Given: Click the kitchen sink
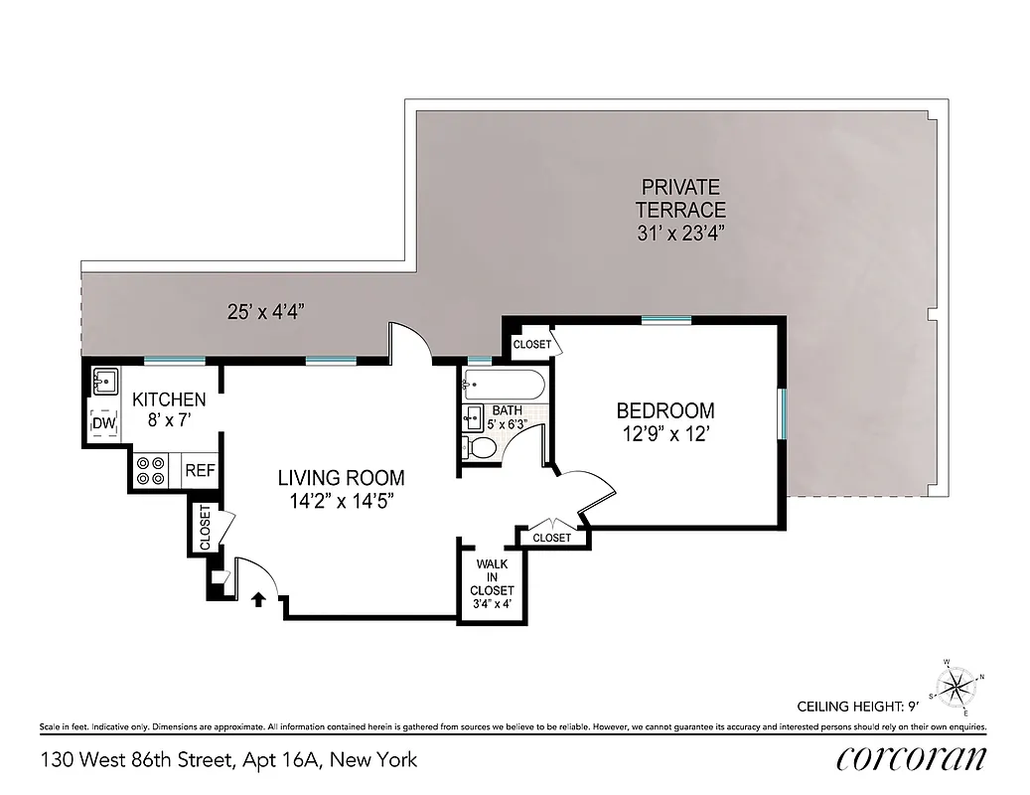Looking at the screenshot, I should [104, 382].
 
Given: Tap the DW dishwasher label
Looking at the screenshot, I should [104, 425].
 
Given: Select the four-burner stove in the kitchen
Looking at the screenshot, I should [151, 470].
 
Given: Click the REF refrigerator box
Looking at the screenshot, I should [200, 470].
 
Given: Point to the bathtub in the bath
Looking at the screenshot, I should [504, 384].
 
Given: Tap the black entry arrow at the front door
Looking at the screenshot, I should [260, 598].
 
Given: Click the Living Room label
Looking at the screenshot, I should [341, 478].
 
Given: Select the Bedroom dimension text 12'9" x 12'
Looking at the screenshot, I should [665, 433].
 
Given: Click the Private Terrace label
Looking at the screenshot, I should [680, 198].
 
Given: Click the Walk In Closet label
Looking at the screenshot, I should [493, 577].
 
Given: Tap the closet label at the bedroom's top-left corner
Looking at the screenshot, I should [531, 344].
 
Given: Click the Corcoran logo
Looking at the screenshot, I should [911, 759].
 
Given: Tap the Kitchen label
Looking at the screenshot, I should [169, 399].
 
